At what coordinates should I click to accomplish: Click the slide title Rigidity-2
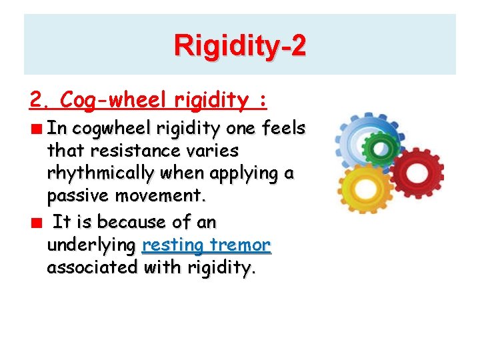click(240, 46)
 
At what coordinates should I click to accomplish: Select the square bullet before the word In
click(40, 129)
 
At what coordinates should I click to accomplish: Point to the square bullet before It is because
click(40, 222)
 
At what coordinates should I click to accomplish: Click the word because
click(126, 221)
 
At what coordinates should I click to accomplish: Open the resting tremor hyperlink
click(206, 245)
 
